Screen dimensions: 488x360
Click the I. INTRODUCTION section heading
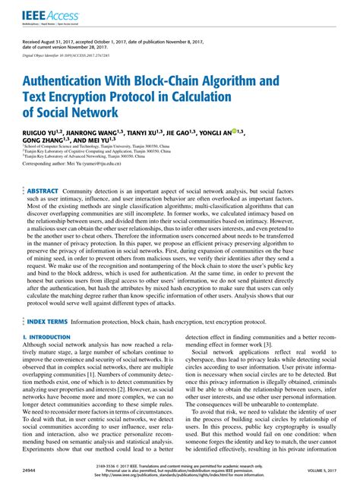point(49,335)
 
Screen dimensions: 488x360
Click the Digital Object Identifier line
point(74,56)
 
